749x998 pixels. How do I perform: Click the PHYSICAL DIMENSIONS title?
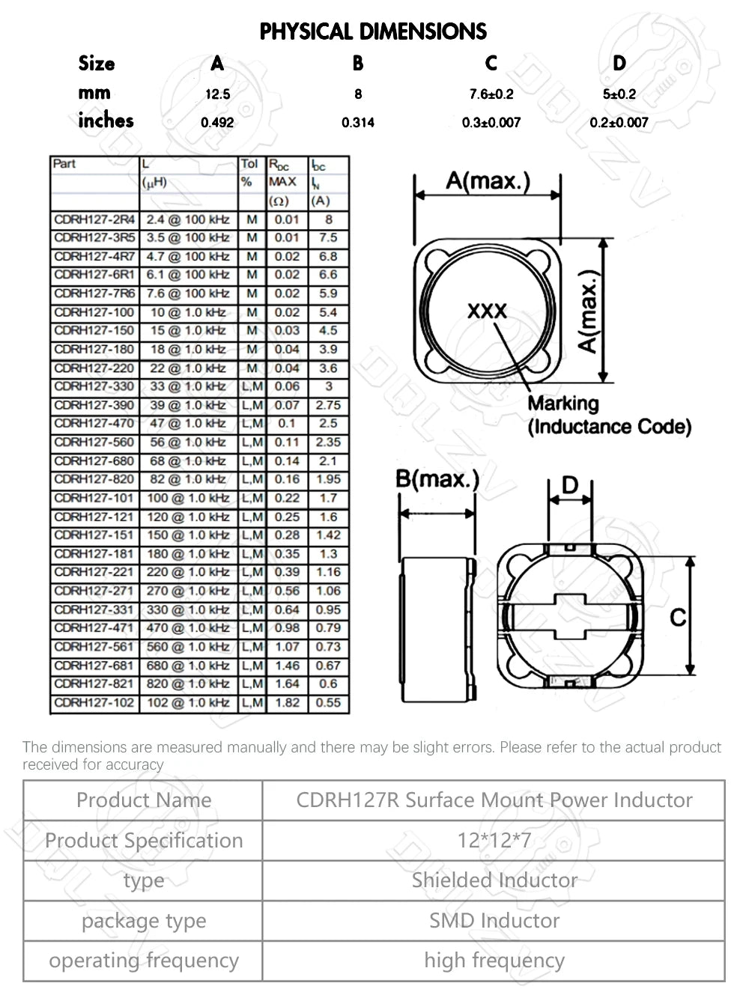pos(373,31)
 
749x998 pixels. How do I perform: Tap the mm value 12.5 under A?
pos(217,94)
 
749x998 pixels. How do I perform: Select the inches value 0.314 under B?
pos(357,123)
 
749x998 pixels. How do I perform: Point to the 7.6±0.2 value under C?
pos(491,94)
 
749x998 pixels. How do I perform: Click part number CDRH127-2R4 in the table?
pos(94,219)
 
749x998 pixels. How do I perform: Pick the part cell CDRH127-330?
pos(94,386)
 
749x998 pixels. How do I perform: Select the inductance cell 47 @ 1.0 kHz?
pos(187,424)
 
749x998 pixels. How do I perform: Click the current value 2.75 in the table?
pos(328,405)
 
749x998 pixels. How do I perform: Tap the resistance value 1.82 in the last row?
pos(287,703)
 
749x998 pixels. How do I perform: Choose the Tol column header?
pos(249,164)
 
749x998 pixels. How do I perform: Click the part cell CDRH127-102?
pos(94,703)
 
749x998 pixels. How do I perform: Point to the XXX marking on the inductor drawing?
pos(487,311)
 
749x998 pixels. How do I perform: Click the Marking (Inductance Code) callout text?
pos(608,416)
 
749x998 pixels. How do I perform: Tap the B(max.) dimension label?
pos(437,479)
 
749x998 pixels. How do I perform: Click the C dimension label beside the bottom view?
pos(678,618)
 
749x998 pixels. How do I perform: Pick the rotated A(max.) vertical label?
pos(589,311)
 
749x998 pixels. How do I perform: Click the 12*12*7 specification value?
pos(494,841)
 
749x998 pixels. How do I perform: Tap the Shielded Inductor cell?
pos(494,880)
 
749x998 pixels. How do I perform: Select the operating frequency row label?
pos(144,961)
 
